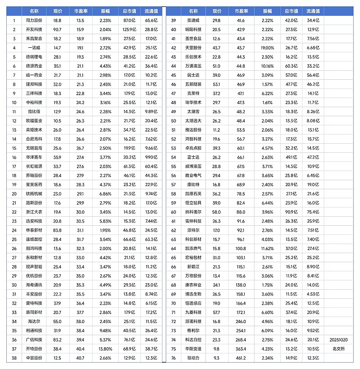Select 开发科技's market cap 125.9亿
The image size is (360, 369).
pos(129,29)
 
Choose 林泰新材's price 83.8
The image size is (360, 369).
pos(57,230)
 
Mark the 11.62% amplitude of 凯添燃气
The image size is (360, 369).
pos(267,248)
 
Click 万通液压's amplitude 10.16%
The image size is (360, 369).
pos(267,66)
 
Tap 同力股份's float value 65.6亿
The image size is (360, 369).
pos(151,21)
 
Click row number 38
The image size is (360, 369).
pos(14,358)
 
